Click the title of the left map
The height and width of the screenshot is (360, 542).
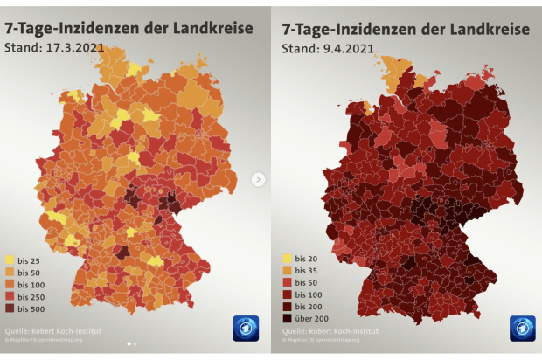(129, 29)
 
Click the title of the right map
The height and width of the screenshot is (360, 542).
(405, 29)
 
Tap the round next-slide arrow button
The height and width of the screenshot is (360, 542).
(258, 179)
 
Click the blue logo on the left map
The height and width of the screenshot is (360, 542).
(246, 328)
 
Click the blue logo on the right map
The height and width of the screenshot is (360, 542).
(522, 328)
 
